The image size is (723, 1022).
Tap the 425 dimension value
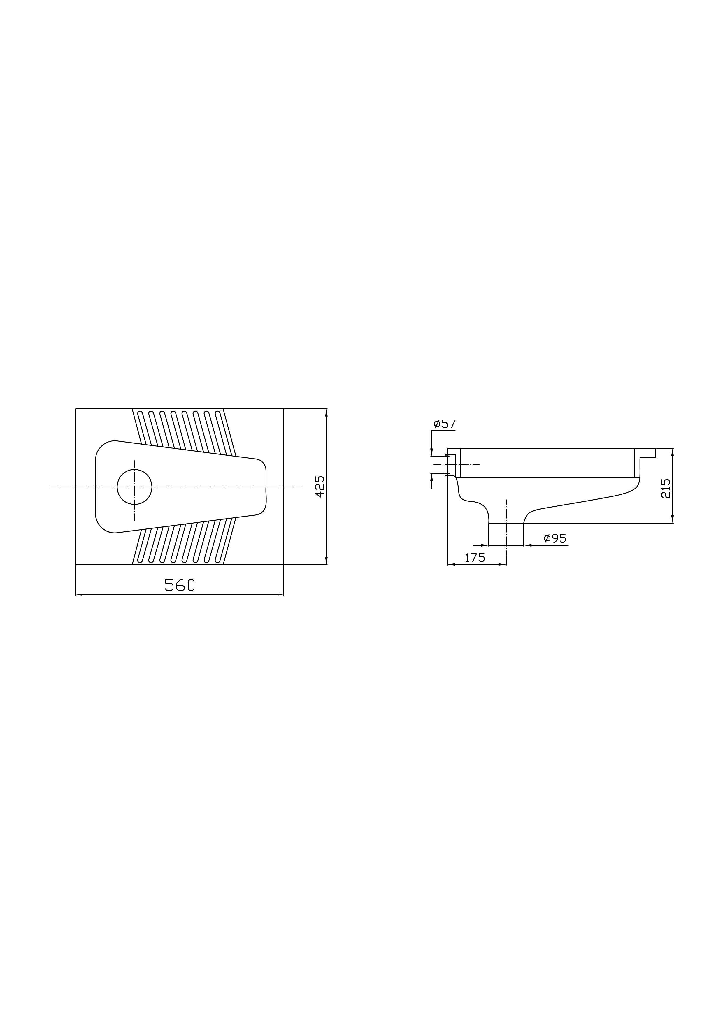[320, 487]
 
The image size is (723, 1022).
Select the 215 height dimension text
[666, 488]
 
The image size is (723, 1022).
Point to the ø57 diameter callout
[445, 424]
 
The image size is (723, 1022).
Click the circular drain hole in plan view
[134, 487]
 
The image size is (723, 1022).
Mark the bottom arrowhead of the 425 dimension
[327, 561]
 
